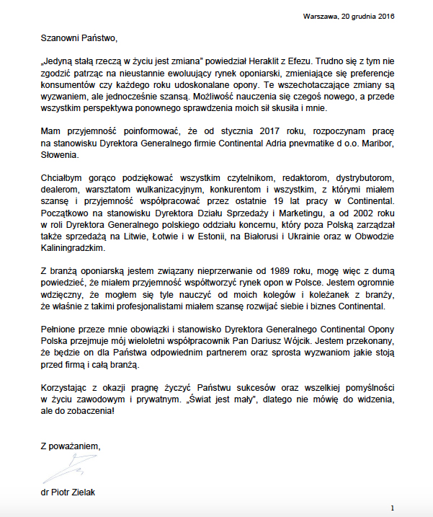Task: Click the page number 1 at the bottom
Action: pyautogui.click(x=392, y=508)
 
